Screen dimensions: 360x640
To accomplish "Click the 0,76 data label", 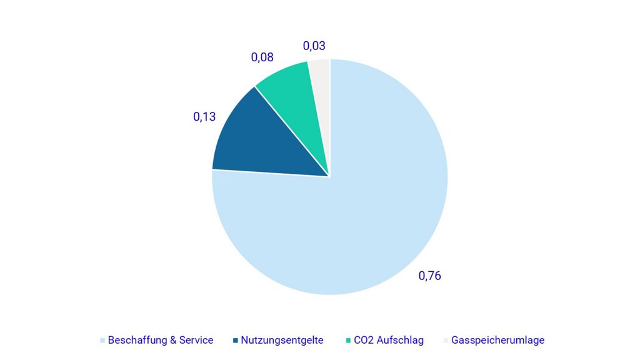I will tap(429, 276).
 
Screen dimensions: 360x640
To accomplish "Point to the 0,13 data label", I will tap(204, 116).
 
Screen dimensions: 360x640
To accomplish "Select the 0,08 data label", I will tap(262, 57).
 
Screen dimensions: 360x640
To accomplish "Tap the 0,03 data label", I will tap(314, 46).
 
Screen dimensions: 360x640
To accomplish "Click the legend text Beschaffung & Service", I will tap(161, 341).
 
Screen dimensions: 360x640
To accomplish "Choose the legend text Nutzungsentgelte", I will tap(282, 341).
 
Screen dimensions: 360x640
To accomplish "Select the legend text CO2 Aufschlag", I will tap(389, 341).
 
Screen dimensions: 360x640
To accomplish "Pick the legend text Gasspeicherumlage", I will tap(497, 341).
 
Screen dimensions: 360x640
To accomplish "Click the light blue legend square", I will tap(102, 341).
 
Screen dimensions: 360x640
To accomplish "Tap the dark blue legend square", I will tap(236, 341).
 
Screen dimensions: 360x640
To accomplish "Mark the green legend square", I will tap(348, 341).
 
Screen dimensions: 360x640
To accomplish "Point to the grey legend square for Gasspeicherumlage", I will tap(446, 341).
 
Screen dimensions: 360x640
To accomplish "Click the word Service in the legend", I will tap(196, 341).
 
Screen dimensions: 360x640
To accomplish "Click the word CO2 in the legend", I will tap(364, 341).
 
